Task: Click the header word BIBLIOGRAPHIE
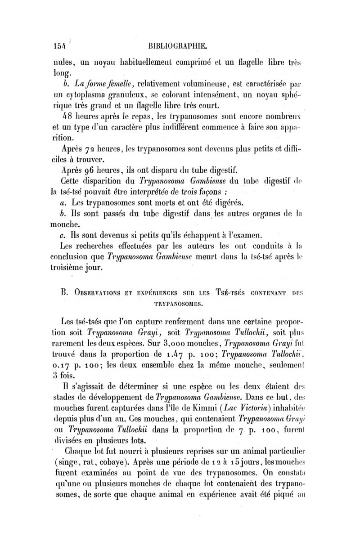[180, 45]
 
